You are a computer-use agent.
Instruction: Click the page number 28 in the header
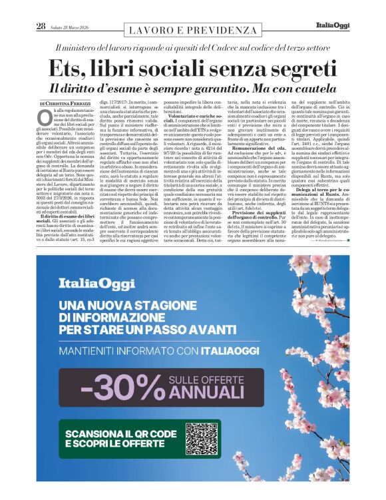coord(41,26)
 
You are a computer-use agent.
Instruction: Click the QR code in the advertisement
coord(202,437)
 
